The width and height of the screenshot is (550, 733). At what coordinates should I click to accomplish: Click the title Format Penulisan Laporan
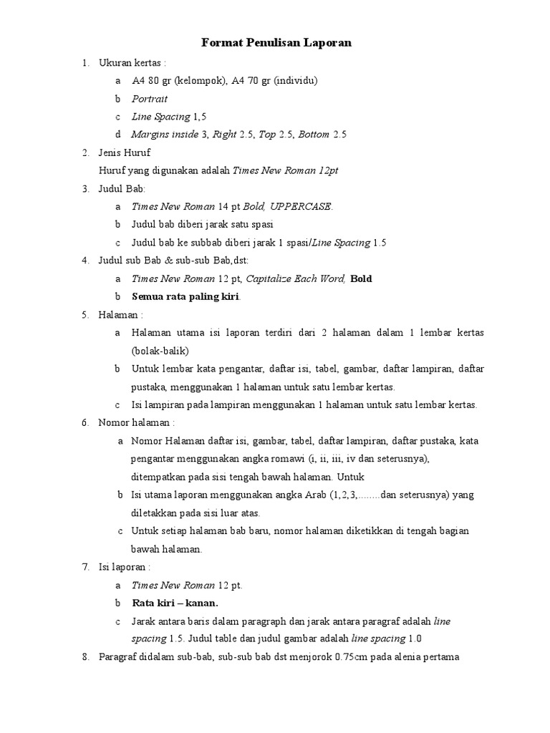[x=276, y=44]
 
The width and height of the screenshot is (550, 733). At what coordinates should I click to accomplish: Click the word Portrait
[x=149, y=99]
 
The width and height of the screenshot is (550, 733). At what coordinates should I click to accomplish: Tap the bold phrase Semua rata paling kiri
[x=185, y=296]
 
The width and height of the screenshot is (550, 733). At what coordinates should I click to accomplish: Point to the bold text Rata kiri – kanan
[x=175, y=603]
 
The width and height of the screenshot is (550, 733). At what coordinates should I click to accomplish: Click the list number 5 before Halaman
[x=85, y=314]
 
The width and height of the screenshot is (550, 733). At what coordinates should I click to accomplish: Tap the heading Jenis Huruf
[x=125, y=152]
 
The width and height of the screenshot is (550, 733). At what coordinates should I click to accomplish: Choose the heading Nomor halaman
[x=136, y=423]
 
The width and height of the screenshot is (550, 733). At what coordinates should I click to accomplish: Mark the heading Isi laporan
[x=124, y=567]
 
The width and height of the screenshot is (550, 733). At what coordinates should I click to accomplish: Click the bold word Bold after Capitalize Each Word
[x=361, y=278]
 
